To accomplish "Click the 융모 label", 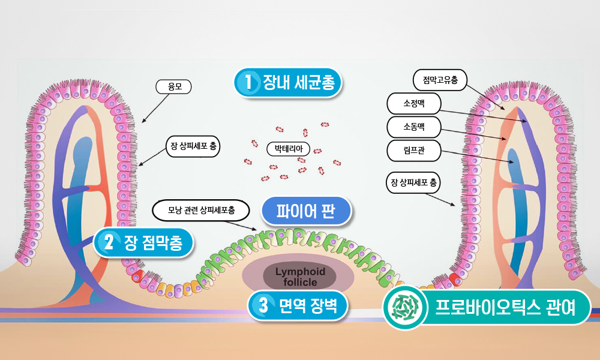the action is pos(173,87).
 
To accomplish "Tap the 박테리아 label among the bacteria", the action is pos(288,149).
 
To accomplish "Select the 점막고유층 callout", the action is pos(440,80).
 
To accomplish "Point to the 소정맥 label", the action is pos(414,103).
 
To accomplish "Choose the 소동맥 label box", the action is pos(414,127).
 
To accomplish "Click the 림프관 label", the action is pos(414,151).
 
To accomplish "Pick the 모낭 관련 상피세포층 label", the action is pos(201,210).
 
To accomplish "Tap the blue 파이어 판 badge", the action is pos(306,211).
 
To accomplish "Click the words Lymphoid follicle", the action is pos(300,277).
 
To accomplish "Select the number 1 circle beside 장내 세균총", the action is pos(249,82).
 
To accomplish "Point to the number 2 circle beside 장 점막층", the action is pos(109,242).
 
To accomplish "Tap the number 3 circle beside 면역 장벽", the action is pos(263,305).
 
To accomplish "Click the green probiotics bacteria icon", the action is pos(405,307).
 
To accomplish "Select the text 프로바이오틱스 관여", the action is pos(505,308).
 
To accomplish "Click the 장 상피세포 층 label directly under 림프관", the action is pos(413,182).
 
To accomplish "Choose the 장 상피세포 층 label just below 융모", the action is pos(193,146).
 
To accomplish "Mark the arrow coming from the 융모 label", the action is pos(155,108).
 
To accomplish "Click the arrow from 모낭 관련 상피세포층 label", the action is pos(244,226).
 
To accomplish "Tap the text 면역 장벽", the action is pos(308,305).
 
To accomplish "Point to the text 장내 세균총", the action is pos(298,82).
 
